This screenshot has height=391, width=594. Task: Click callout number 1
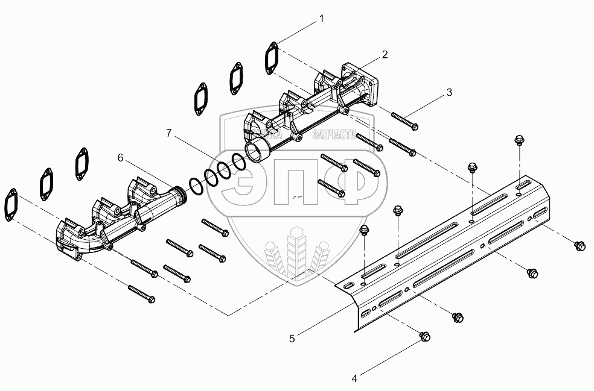pyautogui.click(x=322, y=19)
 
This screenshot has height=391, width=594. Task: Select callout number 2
pyautogui.click(x=384, y=54)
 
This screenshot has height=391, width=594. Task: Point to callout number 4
pyautogui.click(x=355, y=378)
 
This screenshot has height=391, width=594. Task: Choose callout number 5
pyautogui.click(x=292, y=339)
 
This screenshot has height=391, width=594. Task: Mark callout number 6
pyautogui.click(x=121, y=157)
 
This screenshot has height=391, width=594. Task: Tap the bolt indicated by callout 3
pyautogui.click(x=404, y=120)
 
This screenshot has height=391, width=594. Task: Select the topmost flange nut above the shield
pyautogui.click(x=517, y=141)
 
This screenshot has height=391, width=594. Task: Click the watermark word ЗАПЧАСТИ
pyautogui.click(x=334, y=135)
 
